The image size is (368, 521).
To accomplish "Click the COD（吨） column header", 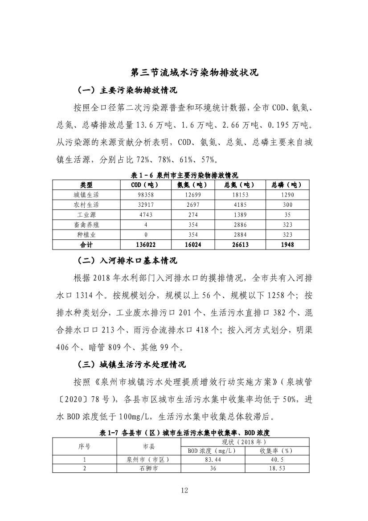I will click(145, 185).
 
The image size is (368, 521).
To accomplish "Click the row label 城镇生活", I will click(86, 195).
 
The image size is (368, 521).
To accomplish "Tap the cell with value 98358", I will click(145, 195).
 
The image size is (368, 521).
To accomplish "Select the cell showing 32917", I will click(145, 205).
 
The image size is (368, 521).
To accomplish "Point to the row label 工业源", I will click(86, 215).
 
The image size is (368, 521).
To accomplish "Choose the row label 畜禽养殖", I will click(86, 225).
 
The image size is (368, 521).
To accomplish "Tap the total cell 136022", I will click(145, 244).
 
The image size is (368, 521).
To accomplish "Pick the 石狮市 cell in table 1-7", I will click(148, 468).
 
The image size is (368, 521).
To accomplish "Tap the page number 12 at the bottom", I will click(184, 490).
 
